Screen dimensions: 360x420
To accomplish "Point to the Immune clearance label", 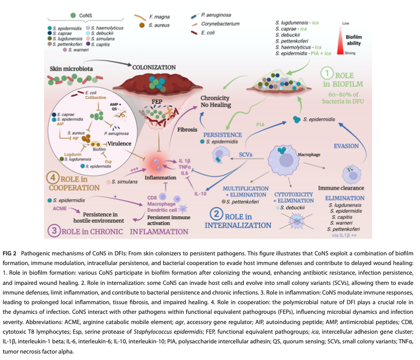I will pyautogui.click(x=342, y=189).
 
